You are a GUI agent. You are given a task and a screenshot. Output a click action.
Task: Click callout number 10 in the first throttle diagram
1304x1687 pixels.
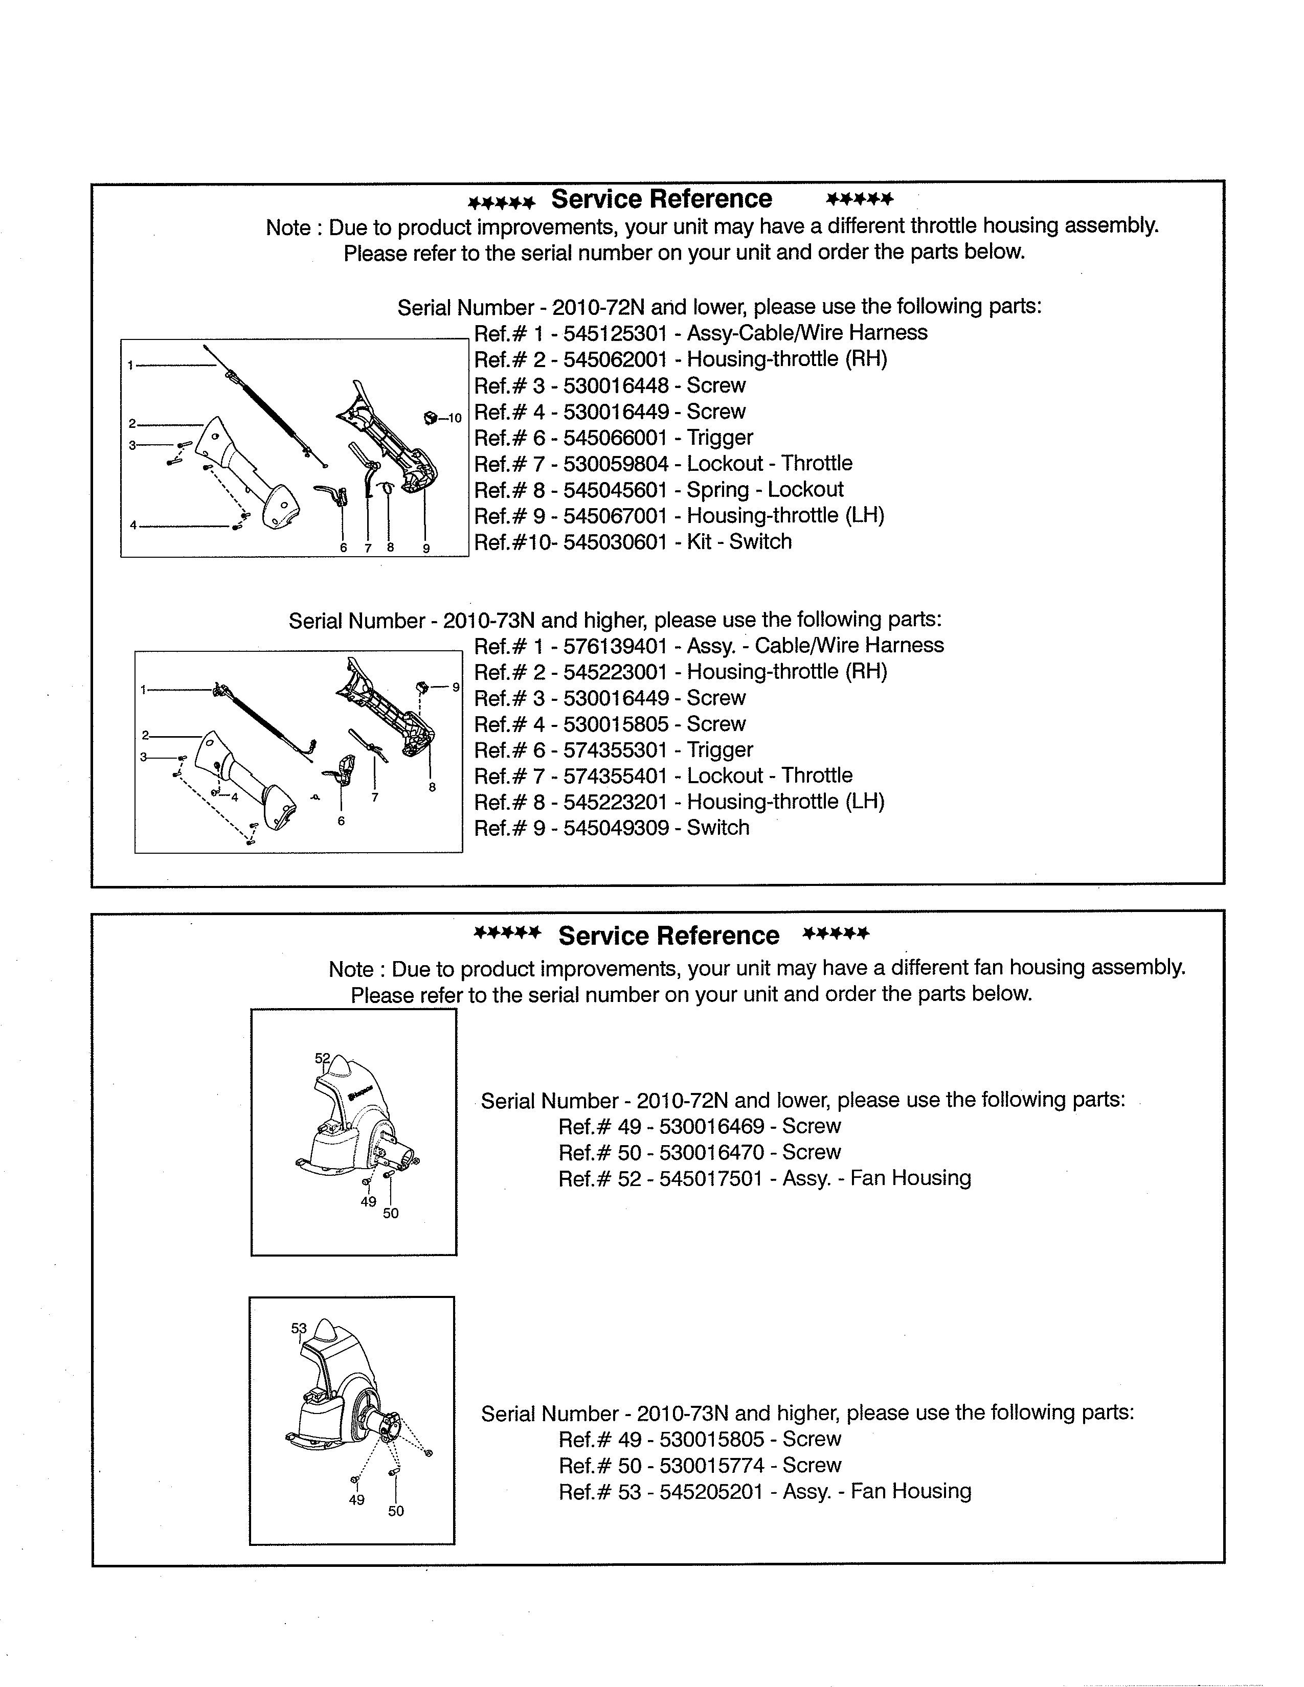(x=455, y=419)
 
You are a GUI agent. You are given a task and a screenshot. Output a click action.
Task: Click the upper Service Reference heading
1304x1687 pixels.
(x=661, y=199)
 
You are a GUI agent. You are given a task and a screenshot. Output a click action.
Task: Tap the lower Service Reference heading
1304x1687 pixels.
(x=668, y=936)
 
